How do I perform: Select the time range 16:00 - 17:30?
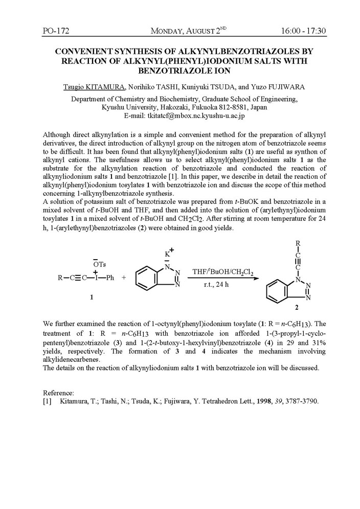[303, 32]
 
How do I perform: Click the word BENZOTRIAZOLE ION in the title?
[180, 71]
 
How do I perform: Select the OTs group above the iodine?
[100, 263]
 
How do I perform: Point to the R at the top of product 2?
[291, 243]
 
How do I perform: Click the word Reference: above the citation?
[59, 392]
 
